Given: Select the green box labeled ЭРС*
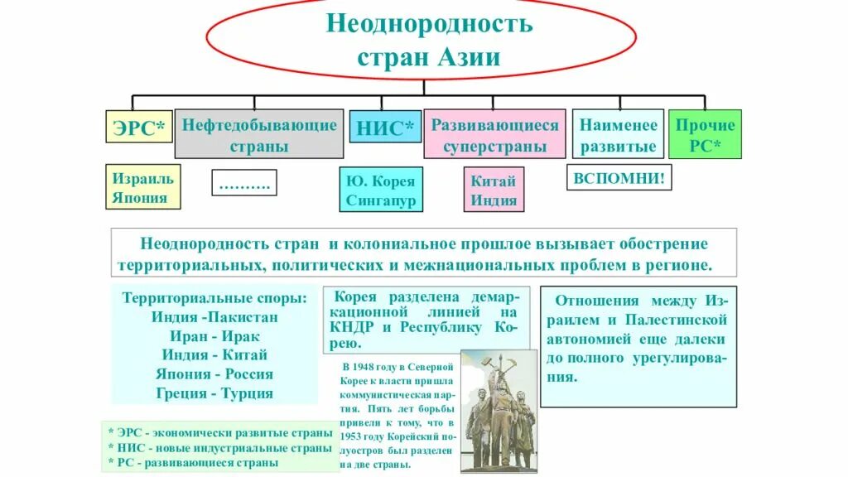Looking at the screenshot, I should coord(137,130).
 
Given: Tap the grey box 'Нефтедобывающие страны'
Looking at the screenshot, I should coord(258,135).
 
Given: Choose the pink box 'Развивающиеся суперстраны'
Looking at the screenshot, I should coord(494,135).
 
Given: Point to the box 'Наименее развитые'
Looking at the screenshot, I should coord(618,135).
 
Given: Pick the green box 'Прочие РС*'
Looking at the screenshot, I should coord(705,135).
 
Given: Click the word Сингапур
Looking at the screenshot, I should coord(380,200).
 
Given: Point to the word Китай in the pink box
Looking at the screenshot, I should coord(494,181).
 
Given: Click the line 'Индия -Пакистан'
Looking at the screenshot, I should coord(214,316).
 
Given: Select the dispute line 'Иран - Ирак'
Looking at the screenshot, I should coord(214,336).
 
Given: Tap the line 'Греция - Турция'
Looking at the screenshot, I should coord(214,393).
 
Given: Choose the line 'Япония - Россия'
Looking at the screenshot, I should coord(214,374).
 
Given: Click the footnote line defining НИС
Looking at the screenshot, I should coord(219,448).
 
